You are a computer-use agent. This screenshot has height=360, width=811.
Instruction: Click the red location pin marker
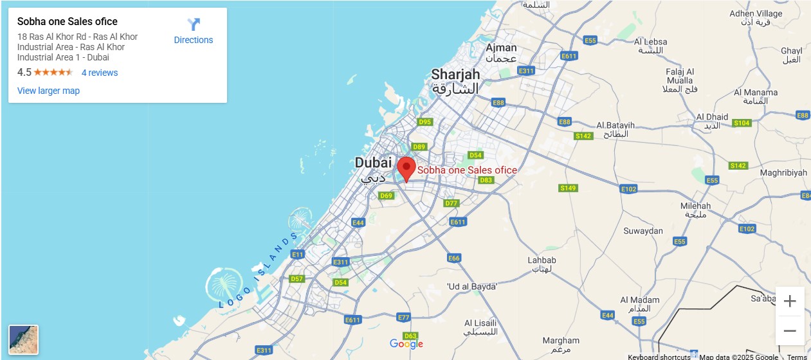(x=406, y=168)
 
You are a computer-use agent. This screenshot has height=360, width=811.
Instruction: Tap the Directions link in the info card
(x=194, y=32)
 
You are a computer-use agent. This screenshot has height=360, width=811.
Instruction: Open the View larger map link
(x=48, y=91)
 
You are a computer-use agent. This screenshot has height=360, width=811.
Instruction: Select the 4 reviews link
(x=100, y=73)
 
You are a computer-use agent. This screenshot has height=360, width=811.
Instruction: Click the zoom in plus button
(x=790, y=301)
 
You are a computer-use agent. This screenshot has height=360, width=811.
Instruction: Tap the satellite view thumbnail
(x=23, y=339)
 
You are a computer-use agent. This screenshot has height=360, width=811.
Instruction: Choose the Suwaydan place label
(x=643, y=231)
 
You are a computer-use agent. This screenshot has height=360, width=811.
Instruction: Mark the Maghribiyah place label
(x=783, y=173)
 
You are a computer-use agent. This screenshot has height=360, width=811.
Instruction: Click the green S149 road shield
(x=568, y=188)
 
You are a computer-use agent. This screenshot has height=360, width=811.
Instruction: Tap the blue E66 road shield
(x=454, y=258)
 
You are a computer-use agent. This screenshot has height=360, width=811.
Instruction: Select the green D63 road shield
(x=410, y=336)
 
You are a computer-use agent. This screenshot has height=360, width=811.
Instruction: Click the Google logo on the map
(x=406, y=344)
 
